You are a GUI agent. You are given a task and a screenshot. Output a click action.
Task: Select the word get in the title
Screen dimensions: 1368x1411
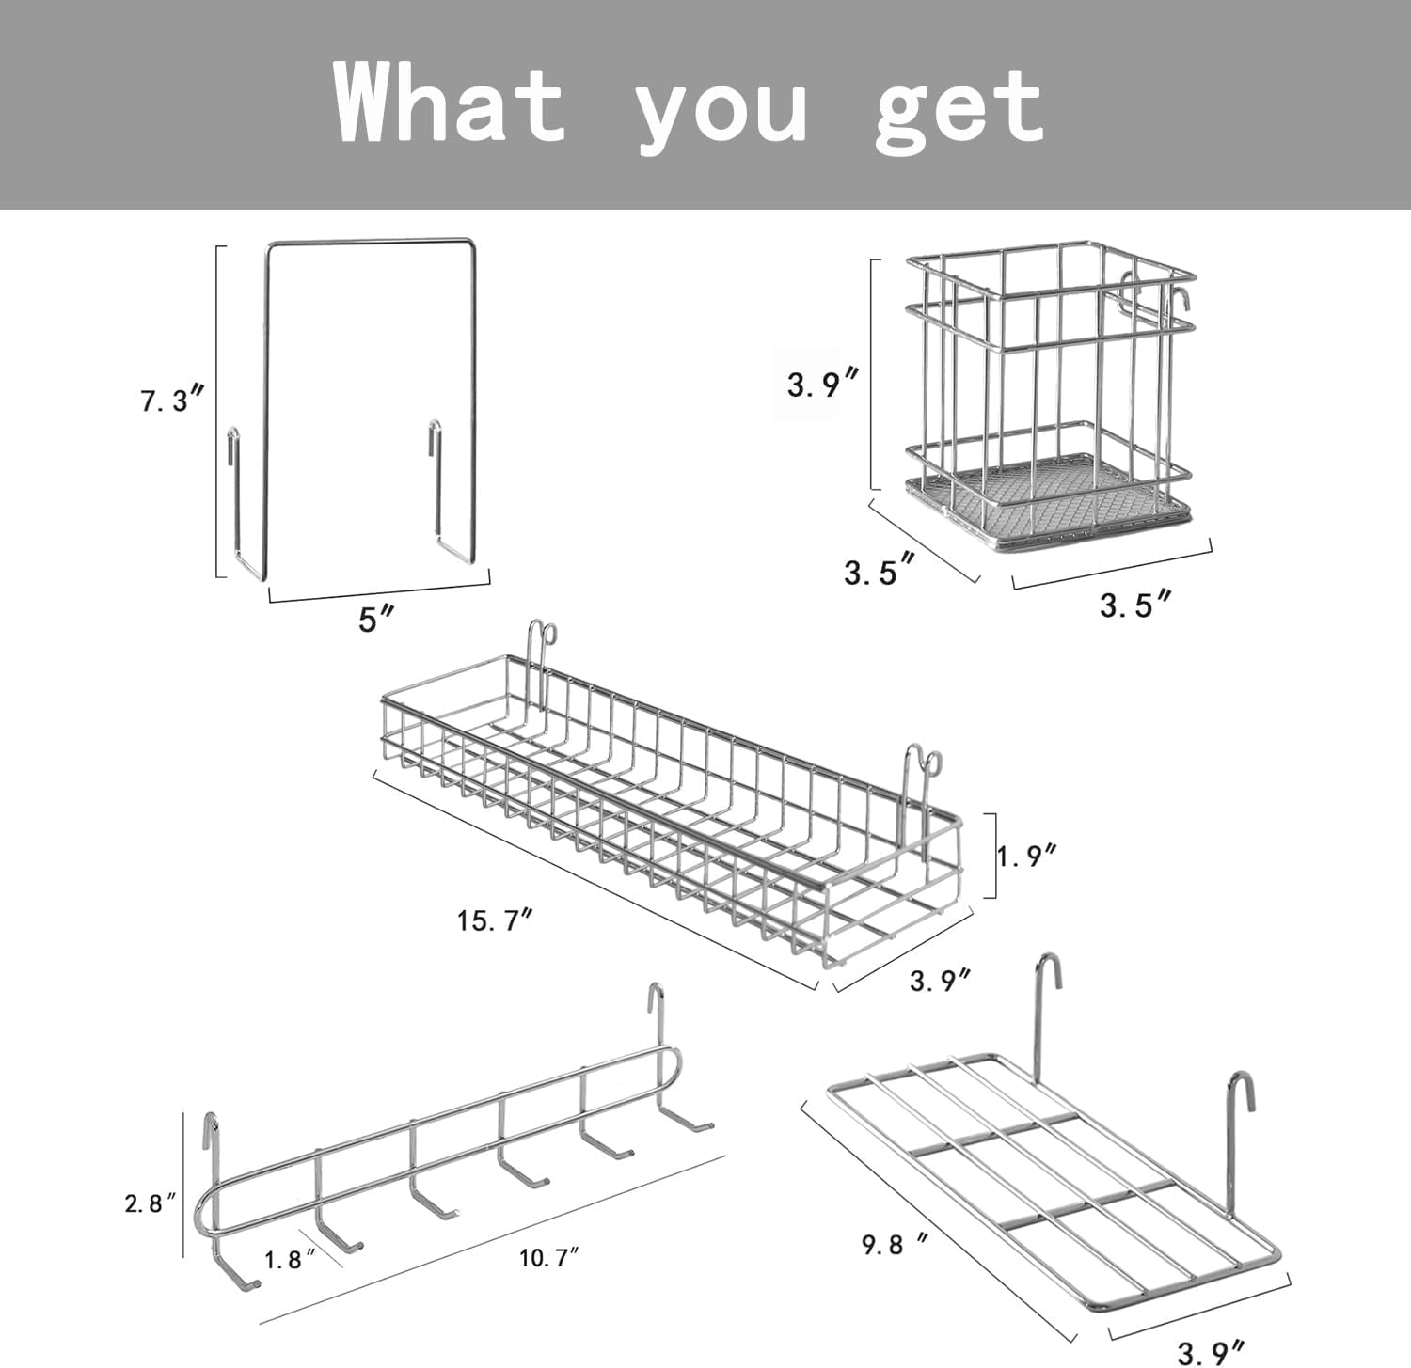pyautogui.click(x=959, y=108)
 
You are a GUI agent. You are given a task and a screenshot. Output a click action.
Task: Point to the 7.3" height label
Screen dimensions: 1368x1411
pyautogui.click(x=172, y=401)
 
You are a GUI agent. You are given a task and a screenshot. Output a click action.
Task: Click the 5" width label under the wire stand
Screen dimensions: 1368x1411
pyautogui.click(x=375, y=619)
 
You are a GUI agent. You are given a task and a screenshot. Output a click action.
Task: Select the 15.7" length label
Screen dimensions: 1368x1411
pyautogui.click(x=495, y=920)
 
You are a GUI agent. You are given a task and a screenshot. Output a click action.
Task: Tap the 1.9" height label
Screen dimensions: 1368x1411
pyautogui.click(x=1027, y=856)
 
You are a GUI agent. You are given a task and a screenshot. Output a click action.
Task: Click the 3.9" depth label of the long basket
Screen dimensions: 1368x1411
pyautogui.click(x=940, y=981)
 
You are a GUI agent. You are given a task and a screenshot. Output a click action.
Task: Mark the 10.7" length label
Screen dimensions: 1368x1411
pyautogui.click(x=548, y=1257)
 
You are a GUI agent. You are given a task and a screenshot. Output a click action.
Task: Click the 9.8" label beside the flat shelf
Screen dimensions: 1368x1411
pyautogui.click(x=895, y=1244)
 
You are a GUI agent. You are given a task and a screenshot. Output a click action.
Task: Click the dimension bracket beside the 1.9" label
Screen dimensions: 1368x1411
pyautogui.click(x=991, y=856)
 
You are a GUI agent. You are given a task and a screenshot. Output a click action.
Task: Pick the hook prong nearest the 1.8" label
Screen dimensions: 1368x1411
pyautogui.click(x=339, y=1237)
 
